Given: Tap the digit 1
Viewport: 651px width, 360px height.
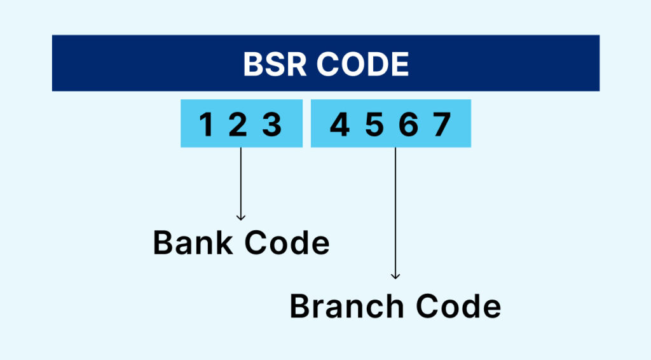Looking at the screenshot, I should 206,125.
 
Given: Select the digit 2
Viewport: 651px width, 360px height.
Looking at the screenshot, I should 237,125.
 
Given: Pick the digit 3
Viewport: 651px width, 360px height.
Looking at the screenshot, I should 272,125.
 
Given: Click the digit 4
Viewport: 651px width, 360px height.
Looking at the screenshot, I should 339,125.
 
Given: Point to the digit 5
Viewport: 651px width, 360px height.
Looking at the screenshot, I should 374,125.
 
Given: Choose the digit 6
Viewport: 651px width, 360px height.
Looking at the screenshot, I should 408,125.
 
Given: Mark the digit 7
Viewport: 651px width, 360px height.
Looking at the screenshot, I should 442,125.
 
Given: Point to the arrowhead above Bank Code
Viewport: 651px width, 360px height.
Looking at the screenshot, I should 240,218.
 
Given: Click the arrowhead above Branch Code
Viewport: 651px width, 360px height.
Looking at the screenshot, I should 395,276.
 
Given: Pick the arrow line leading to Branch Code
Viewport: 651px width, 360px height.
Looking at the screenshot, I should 395,210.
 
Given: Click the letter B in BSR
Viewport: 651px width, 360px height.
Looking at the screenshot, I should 252,64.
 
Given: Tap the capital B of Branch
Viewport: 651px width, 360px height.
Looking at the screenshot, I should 299,307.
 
